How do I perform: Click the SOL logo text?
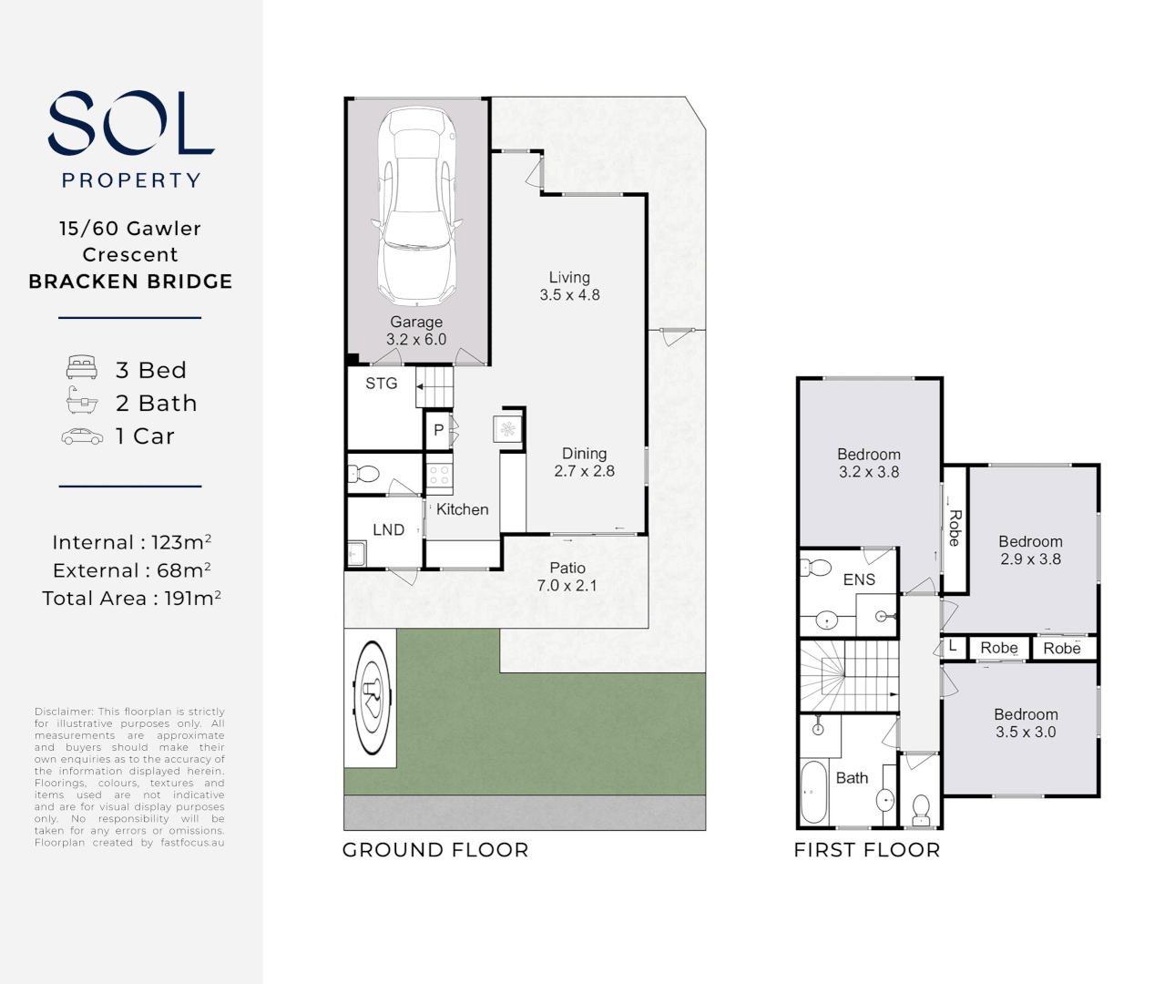130,123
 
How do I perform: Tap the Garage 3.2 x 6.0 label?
416,331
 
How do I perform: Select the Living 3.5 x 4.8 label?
569,286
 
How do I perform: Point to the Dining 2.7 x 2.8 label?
584,462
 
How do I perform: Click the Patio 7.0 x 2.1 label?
567,577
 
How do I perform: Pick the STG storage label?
382,384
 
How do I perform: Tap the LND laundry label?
388,529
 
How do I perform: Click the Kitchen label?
462,509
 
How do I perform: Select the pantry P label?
438,430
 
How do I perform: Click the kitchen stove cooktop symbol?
439,474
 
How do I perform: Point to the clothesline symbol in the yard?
371,698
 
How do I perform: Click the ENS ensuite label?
859,579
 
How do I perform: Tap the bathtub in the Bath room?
813,792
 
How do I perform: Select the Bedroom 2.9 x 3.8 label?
1030,550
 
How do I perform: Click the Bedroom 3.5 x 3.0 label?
1026,723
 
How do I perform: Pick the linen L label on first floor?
953,646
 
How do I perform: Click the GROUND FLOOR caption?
435,850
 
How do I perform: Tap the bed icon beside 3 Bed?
82,368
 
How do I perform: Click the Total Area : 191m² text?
131,599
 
